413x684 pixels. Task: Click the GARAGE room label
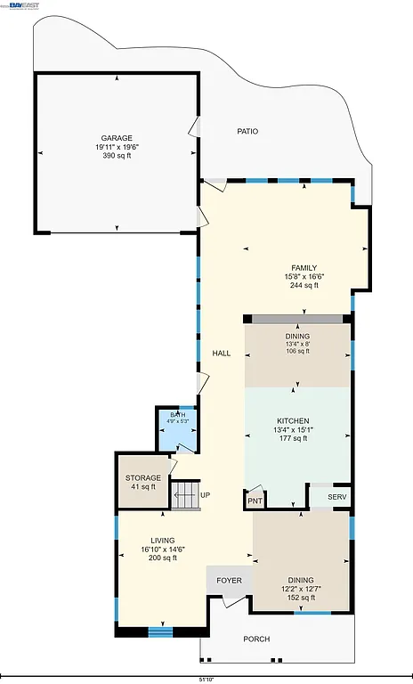(117, 138)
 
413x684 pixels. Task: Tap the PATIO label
(247, 132)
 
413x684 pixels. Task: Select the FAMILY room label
(304, 268)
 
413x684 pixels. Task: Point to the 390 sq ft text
(117, 156)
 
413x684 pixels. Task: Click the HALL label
(222, 354)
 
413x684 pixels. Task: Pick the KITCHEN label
(293, 420)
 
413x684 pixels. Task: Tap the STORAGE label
(143, 478)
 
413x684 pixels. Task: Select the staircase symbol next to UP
(185, 495)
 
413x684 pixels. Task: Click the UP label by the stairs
(206, 496)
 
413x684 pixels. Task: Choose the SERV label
(336, 497)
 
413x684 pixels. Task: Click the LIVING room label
(162, 541)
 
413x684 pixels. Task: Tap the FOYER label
(230, 581)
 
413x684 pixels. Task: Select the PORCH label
(256, 639)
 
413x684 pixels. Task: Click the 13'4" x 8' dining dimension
(297, 343)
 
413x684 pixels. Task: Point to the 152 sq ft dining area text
(300, 598)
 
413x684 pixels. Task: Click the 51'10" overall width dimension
(206, 680)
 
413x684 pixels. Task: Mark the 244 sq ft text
(304, 286)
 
